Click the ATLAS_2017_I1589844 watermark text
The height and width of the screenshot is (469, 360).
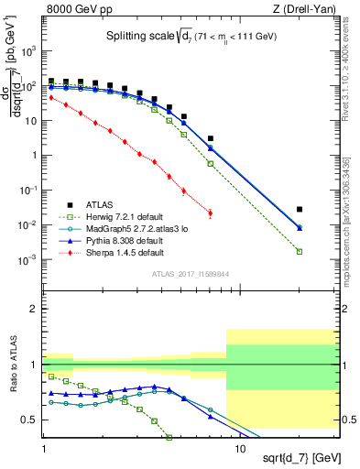(x=191, y=273)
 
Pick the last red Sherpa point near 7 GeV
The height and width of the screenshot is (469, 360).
(x=211, y=213)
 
